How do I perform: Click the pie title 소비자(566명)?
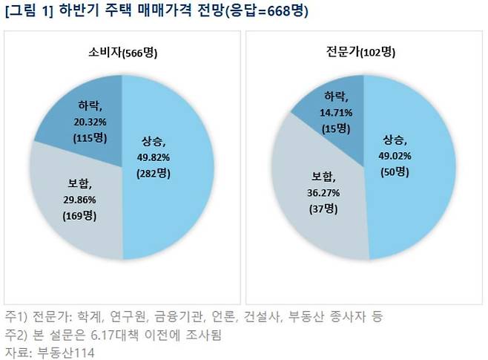122,53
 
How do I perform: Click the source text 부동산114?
62,352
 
